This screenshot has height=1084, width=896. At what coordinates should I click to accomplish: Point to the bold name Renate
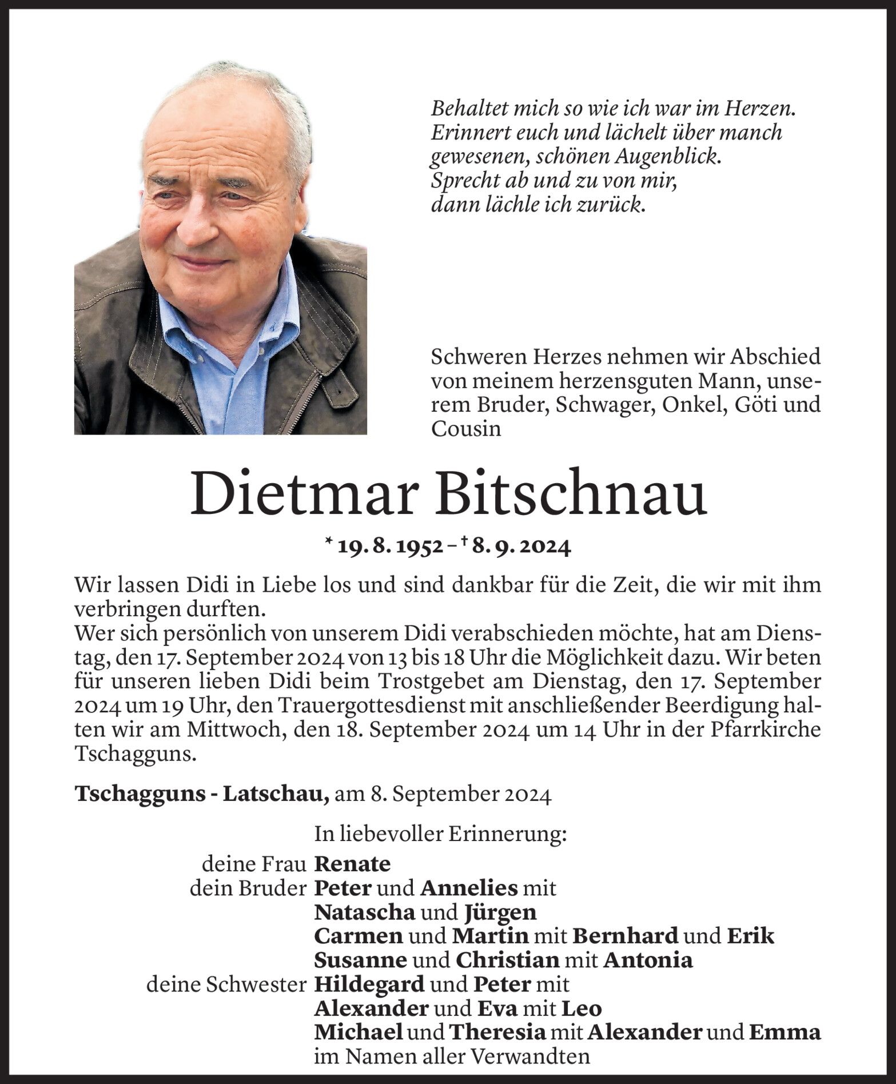click(352, 864)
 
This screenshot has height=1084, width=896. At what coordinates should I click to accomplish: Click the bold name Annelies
click(469, 889)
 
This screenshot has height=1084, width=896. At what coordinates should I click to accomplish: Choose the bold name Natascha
click(365, 912)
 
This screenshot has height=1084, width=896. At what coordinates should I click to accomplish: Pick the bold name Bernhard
click(625, 936)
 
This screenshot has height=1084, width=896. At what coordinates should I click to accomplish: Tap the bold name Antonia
click(648, 961)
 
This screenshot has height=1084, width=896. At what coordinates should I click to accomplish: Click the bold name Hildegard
click(369, 985)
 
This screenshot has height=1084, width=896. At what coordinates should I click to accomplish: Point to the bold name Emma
click(785, 1033)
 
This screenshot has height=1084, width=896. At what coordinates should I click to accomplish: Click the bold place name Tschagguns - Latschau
click(202, 795)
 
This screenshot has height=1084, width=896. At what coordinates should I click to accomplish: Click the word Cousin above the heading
click(466, 429)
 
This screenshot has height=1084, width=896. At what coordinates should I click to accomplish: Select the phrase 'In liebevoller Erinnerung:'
click(440, 835)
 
